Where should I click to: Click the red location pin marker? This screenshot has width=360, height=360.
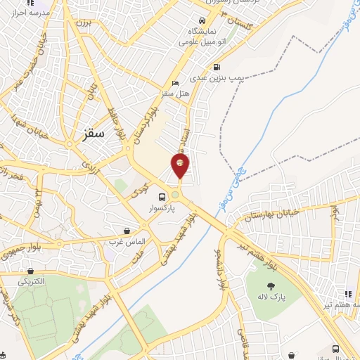click(x=180, y=165)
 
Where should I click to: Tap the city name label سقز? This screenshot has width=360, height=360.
click(x=92, y=131)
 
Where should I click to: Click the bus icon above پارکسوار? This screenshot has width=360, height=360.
click(x=162, y=198)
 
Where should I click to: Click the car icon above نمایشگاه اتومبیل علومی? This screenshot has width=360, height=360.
click(x=202, y=21)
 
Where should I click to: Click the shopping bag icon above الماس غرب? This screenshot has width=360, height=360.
click(x=127, y=230)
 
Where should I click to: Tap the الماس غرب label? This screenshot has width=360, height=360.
click(x=127, y=241)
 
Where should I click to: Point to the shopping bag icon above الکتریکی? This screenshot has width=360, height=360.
click(x=30, y=270)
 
